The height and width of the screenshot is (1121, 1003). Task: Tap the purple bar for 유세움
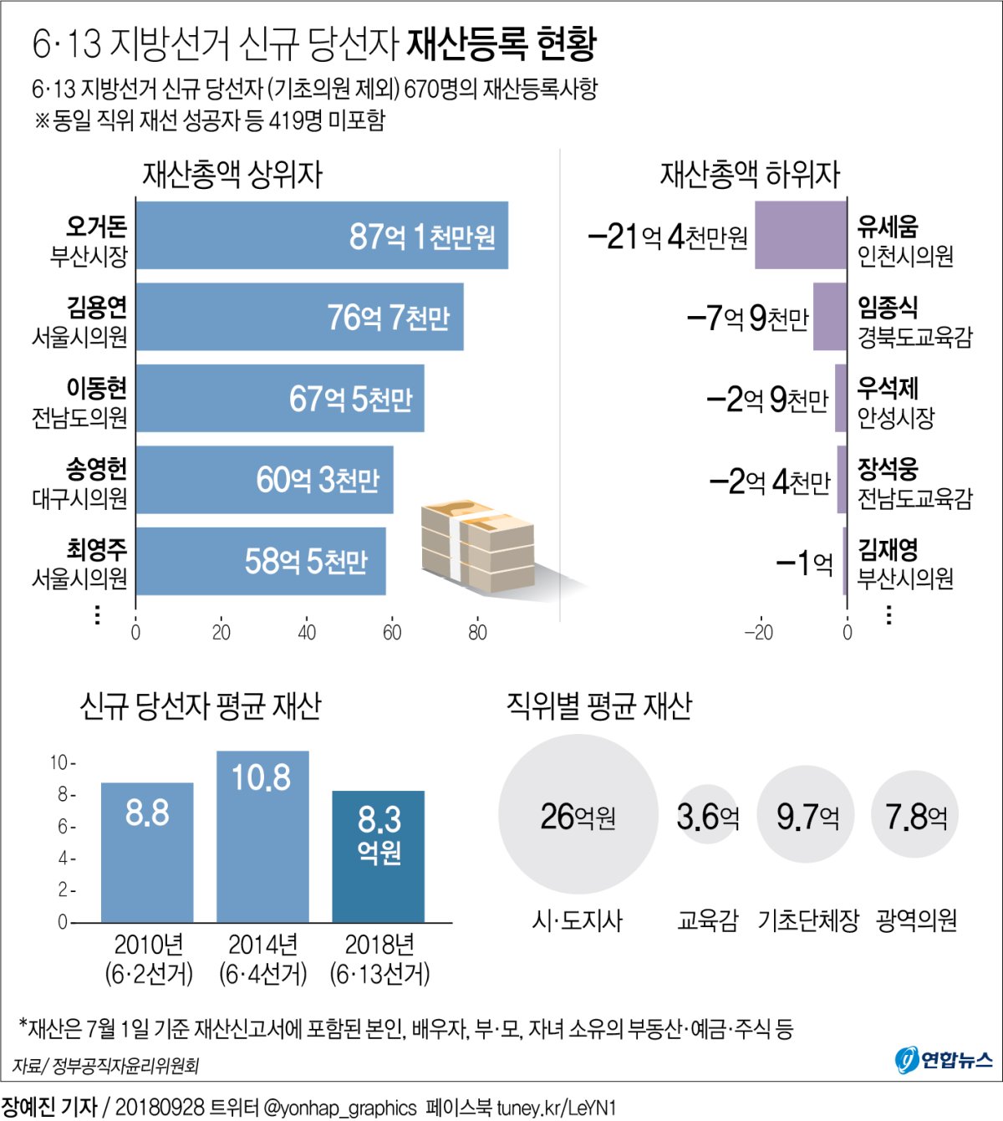coord(800,235)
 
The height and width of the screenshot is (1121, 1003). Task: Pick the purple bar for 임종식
coord(829,317)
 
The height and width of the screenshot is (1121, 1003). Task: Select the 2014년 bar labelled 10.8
coord(262,836)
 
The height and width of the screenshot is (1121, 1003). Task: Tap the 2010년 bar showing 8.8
coord(147,852)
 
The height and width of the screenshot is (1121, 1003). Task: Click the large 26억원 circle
coord(578,814)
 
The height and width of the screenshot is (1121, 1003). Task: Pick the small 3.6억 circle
coord(707,814)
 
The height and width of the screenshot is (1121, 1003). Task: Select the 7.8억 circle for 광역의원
coord(915,814)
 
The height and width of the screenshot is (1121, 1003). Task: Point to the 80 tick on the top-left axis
coord(477,633)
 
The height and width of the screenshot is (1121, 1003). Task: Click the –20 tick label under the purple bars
coord(758,633)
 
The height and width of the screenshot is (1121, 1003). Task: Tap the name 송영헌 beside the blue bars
coord(97,468)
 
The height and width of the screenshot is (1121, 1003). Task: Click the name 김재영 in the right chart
coord(888,549)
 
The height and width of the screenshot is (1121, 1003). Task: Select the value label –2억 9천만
coord(766,400)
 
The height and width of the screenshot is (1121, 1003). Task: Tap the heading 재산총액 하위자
coord(750,174)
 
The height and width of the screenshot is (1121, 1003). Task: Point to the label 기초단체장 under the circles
coord(807,920)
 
